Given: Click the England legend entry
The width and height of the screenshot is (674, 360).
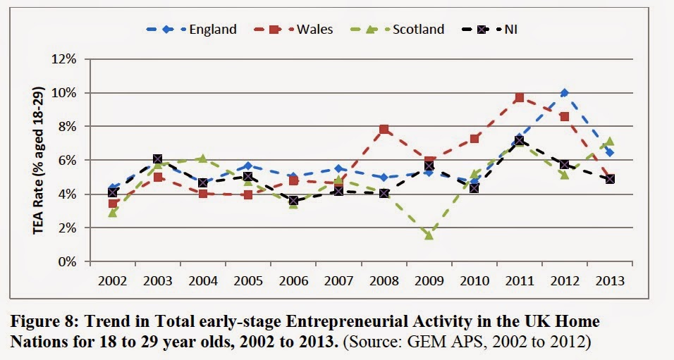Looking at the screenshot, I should point(191,30).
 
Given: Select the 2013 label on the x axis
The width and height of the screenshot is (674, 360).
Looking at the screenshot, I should point(609,280).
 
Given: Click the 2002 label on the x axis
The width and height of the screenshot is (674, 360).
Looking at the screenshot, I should point(113,280).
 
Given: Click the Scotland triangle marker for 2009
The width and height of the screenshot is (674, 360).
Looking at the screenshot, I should point(429,235).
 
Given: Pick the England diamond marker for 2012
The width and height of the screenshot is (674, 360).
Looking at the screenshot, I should point(564,93).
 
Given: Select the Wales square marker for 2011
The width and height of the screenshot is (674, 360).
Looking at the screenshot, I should point(519,98).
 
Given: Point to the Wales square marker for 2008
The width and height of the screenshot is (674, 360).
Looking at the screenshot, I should point(384,130).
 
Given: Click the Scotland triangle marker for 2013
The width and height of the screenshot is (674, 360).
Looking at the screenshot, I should point(609,141).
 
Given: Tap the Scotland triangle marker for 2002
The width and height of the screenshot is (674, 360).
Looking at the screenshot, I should point(113,212).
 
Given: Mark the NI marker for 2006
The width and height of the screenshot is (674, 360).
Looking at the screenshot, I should point(293,201).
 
